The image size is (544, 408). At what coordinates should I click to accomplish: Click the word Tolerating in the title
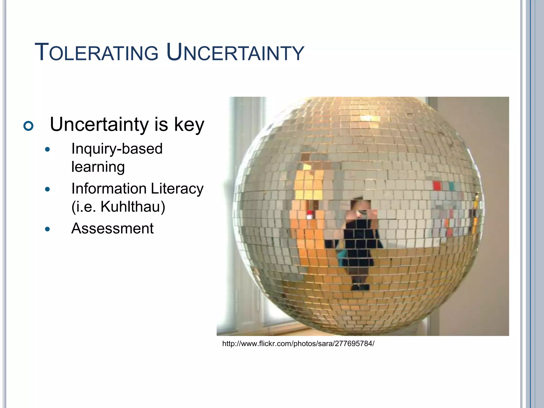point(96,53)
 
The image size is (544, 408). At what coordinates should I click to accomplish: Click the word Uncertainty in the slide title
point(235,53)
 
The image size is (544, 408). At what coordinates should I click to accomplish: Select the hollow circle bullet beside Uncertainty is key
point(28,126)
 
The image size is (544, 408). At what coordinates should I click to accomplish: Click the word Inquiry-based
point(117,148)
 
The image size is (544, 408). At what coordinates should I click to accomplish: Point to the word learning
point(98,167)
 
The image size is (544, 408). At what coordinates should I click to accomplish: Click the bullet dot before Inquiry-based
point(48,150)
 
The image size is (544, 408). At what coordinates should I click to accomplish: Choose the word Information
point(109,189)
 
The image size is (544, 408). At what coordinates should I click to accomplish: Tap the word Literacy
point(177,189)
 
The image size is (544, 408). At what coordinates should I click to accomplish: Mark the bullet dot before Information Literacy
point(48,189)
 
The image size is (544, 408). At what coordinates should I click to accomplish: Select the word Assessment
point(112,228)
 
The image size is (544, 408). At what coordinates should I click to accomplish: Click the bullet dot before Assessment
point(48,229)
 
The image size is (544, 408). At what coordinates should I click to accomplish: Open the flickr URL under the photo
point(298,344)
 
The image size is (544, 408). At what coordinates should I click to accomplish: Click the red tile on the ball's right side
point(437,186)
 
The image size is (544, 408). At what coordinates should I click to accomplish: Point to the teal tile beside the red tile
point(451,186)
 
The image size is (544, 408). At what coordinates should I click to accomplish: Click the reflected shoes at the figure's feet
point(360,287)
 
